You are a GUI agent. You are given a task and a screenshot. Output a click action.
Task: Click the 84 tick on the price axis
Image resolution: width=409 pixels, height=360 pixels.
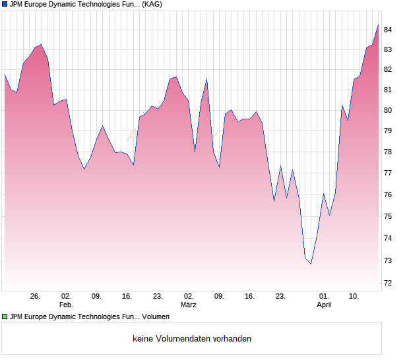point(389,30)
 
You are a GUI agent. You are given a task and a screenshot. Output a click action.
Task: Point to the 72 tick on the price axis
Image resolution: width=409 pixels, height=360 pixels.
point(389,284)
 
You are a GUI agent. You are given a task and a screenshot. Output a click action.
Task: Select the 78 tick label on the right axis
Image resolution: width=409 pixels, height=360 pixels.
point(389,152)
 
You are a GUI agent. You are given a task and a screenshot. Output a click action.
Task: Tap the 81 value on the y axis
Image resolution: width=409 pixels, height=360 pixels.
point(389,90)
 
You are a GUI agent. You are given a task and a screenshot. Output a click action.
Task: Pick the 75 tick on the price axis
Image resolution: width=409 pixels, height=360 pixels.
point(389,217)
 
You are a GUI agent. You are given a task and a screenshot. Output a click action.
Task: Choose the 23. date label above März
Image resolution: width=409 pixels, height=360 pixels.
point(158,297)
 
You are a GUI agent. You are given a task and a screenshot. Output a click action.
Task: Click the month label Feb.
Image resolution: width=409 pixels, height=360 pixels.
point(65,305)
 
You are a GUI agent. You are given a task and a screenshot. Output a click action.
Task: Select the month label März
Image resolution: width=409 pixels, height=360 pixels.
point(189,305)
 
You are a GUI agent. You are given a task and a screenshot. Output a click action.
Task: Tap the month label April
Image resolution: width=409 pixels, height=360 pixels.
point(324,305)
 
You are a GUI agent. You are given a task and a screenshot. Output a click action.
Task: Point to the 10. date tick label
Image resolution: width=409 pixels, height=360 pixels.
point(354,297)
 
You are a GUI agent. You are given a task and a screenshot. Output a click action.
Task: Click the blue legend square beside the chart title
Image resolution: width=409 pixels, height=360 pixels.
point(5,5)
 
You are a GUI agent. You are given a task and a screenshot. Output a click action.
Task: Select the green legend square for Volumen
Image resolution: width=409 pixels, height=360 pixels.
point(5,317)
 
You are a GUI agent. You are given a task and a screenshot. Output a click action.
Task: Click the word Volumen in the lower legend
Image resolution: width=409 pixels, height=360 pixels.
point(156,317)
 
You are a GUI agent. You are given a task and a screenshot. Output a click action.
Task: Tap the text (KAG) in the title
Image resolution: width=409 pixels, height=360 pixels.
point(152,5)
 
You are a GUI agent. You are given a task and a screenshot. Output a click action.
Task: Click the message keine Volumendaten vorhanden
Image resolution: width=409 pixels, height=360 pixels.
point(192,339)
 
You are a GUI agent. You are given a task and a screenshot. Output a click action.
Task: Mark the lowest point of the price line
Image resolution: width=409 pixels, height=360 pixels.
point(311,264)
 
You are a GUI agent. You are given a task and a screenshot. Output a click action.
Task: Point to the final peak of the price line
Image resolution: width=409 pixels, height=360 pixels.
point(379,24)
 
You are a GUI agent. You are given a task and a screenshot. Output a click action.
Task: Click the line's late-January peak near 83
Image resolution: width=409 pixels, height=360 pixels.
point(41,45)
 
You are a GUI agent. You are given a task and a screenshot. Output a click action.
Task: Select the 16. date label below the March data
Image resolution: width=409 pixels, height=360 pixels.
point(250,297)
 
